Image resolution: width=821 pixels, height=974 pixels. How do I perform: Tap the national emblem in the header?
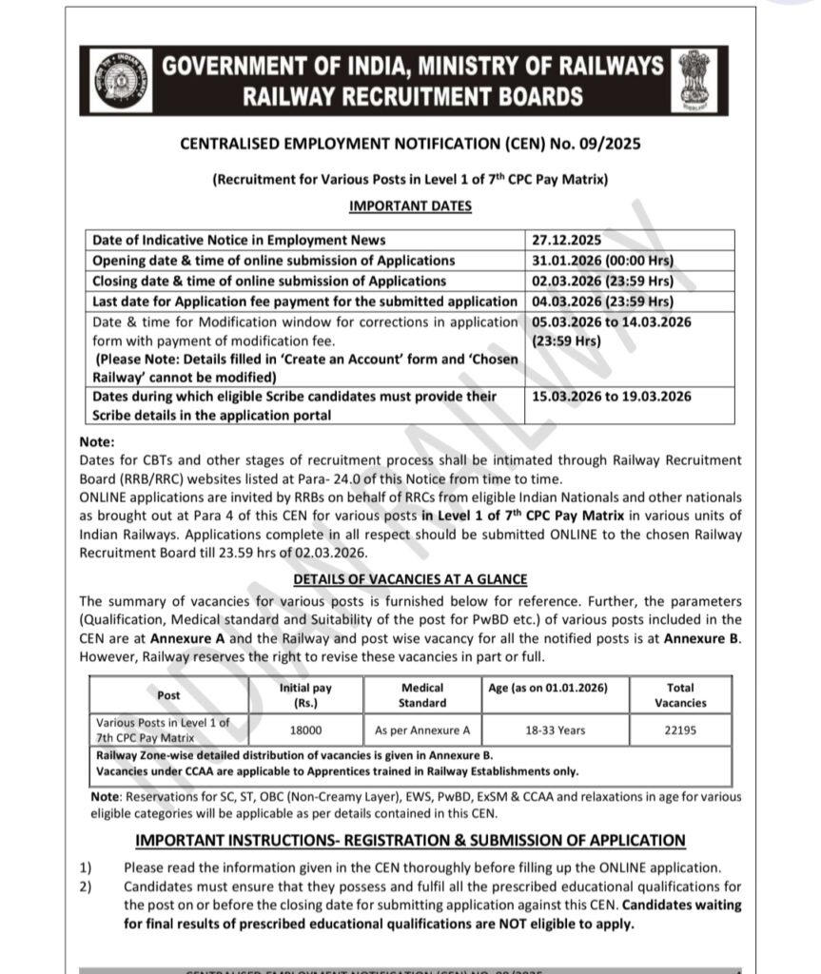[702, 80]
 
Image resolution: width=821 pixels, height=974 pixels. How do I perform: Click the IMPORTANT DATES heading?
[410, 205]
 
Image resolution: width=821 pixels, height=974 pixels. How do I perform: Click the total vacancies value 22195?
[680, 730]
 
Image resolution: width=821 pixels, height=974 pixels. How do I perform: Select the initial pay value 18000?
[305, 730]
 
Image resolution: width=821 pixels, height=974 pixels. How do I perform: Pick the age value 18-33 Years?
[556, 730]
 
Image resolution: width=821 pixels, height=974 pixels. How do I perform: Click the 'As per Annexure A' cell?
[422, 730]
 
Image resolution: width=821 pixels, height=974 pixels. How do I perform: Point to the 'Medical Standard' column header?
[422, 695]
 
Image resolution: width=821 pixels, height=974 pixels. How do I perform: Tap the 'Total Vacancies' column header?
[680, 695]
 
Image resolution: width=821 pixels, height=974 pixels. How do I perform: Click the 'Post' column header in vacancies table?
[169, 695]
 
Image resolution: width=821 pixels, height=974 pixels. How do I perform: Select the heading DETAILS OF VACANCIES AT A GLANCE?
[410, 579]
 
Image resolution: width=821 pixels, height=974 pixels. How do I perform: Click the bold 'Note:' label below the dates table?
[98, 441]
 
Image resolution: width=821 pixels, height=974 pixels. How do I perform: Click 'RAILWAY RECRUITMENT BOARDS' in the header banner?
[413, 96]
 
